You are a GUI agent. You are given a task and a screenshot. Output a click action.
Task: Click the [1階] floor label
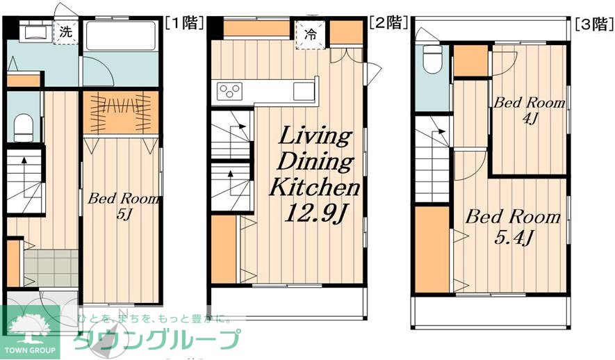coord(183,22)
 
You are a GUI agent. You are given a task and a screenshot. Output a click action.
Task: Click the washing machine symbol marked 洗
coord(65,31)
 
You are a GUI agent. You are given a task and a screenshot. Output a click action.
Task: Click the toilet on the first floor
coord(24,127)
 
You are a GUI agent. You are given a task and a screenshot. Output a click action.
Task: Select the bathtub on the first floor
coord(122,36)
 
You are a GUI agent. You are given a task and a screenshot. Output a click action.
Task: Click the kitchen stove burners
coord(230,90)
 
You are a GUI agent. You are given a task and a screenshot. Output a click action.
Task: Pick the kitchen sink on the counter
coord(304,90)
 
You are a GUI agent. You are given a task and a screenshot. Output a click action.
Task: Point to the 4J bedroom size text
coord(528,119)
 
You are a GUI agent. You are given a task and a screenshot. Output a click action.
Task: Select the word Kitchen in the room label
coord(314,187)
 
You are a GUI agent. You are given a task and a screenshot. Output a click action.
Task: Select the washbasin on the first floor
coord(31,31)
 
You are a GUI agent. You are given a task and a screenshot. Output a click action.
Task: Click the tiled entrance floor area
coord(51,267)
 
